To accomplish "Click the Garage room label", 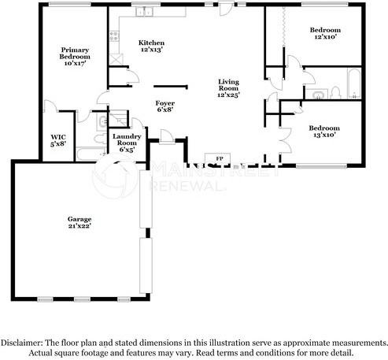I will coord(79,222).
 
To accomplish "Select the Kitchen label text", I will coord(151,46).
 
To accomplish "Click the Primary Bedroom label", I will coord(75,57).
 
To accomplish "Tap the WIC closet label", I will coord(57,139).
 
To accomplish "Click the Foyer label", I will coord(165,106).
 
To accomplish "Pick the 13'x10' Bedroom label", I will coord(323,132).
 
